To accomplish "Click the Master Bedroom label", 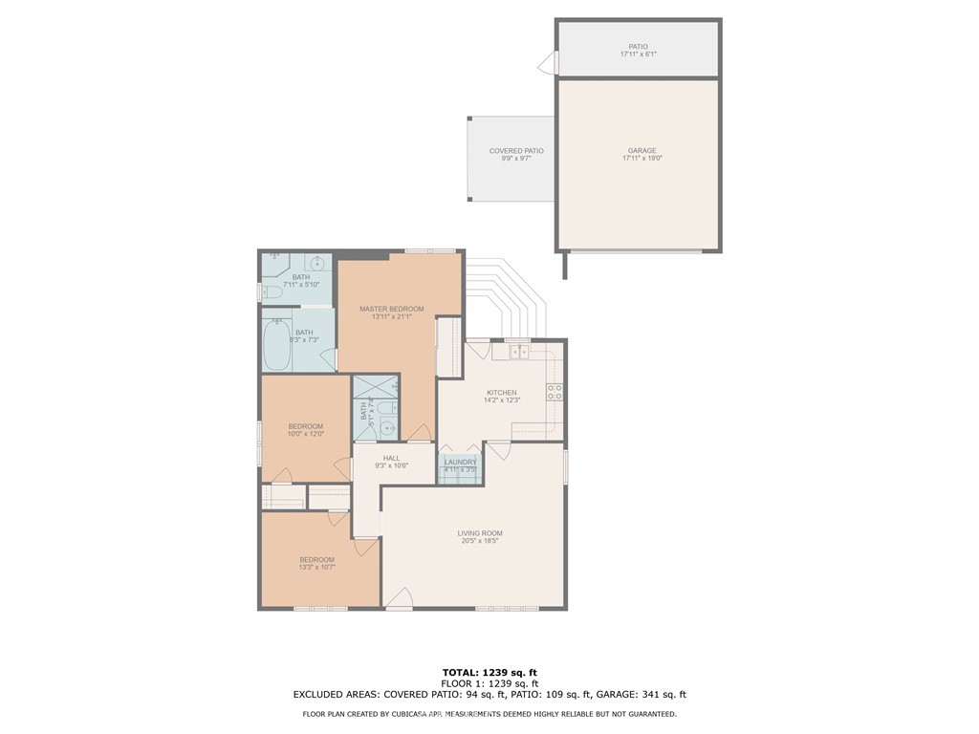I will [391, 309].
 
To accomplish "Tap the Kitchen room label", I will [501, 393].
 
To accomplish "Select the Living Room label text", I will [480, 533].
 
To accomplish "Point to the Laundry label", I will [460, 462].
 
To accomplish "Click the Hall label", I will [391, 458].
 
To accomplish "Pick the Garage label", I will [642, 150].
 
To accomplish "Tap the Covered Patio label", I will [516, 150].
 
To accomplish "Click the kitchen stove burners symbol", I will [554, 391].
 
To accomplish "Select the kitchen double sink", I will [517, 353].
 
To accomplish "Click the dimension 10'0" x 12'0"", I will [306, 434].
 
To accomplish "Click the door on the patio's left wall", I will [547, 63].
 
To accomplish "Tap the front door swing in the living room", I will [400, 598].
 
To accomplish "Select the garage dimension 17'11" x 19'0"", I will [642, 159].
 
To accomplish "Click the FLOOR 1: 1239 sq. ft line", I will [489, 683].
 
